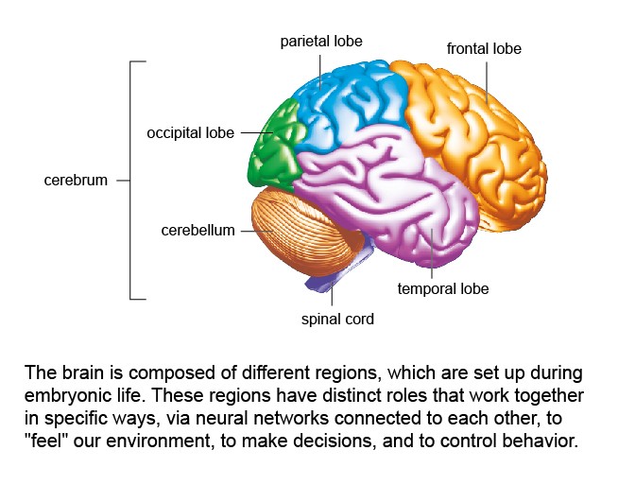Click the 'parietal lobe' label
pos(321,41)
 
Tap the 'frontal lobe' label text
pos(484,48)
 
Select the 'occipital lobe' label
pos(190,133)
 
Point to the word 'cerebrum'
pos(76,181)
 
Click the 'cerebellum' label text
pos(197,231)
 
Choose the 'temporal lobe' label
pos(443,288)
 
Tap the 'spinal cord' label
pos(337,319)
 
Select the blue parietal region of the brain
pos(347,107)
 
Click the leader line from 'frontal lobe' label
pos(487,82)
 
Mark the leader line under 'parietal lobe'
pos(320,72)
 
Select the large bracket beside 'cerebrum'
pos(130,181)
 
